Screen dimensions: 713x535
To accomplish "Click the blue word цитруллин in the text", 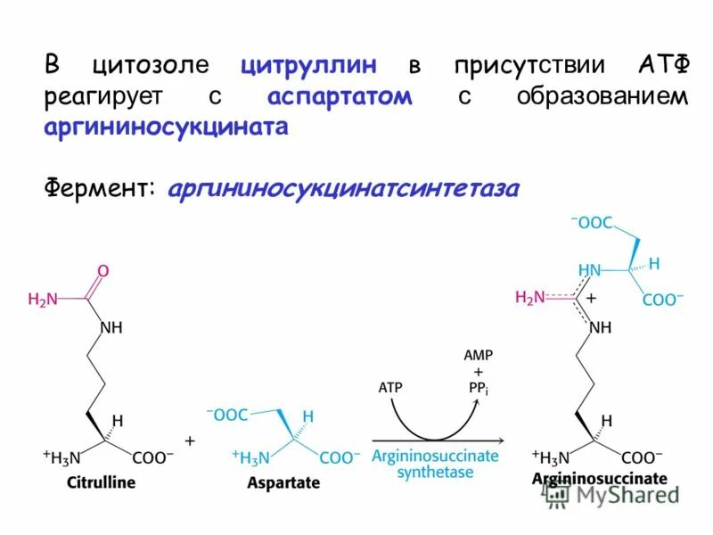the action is (307, 65).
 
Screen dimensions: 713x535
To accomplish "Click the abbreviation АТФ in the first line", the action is (663, 65).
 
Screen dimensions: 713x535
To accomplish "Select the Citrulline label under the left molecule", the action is (101, 482).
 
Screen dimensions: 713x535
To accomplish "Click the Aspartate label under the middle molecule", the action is (284, 482).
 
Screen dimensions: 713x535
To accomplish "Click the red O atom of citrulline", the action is (103, 269).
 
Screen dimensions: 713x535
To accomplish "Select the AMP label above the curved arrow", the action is (478, 355).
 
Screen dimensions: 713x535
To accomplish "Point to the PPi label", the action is (479, 387).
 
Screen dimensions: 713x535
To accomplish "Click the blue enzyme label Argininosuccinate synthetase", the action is (435, 464).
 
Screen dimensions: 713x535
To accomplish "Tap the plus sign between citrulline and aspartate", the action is (189, 441).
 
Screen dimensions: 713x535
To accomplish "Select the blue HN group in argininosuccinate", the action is (589, 269).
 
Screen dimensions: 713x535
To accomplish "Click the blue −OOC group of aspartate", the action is (227, 415).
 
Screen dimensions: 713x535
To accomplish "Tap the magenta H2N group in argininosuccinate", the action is (530, 298).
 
